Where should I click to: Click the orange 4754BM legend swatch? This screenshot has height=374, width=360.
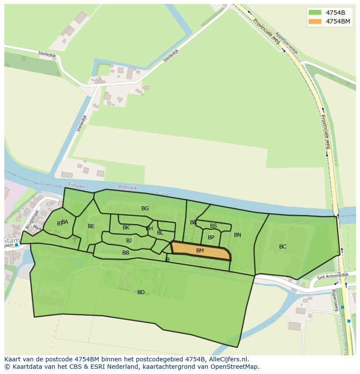[x=315, y=21]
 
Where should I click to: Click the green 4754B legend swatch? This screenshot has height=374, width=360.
[x=315, y=12]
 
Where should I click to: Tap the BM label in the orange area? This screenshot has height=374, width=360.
[x=200, y=251]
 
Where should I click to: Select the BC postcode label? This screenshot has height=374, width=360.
[x=283, y=247]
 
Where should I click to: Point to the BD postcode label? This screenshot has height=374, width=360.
[x=141, y=292]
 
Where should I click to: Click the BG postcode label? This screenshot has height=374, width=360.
[x=145, y=209]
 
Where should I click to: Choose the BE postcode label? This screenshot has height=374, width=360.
[x=91, y=226]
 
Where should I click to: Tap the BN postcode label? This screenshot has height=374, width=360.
[x=237, y=235]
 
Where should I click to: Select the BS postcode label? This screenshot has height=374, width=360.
[x=213, y=226]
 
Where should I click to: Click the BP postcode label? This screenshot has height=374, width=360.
[x=211, y=238]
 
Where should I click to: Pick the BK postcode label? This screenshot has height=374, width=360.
[x=126, y=228]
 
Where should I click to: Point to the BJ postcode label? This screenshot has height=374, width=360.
[x=129, y=241]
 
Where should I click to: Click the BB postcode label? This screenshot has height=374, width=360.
[x=126, y=253]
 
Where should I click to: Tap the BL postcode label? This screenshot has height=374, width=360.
[x=160, y=233]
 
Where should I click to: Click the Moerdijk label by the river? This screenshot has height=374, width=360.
[x=127, y=188]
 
